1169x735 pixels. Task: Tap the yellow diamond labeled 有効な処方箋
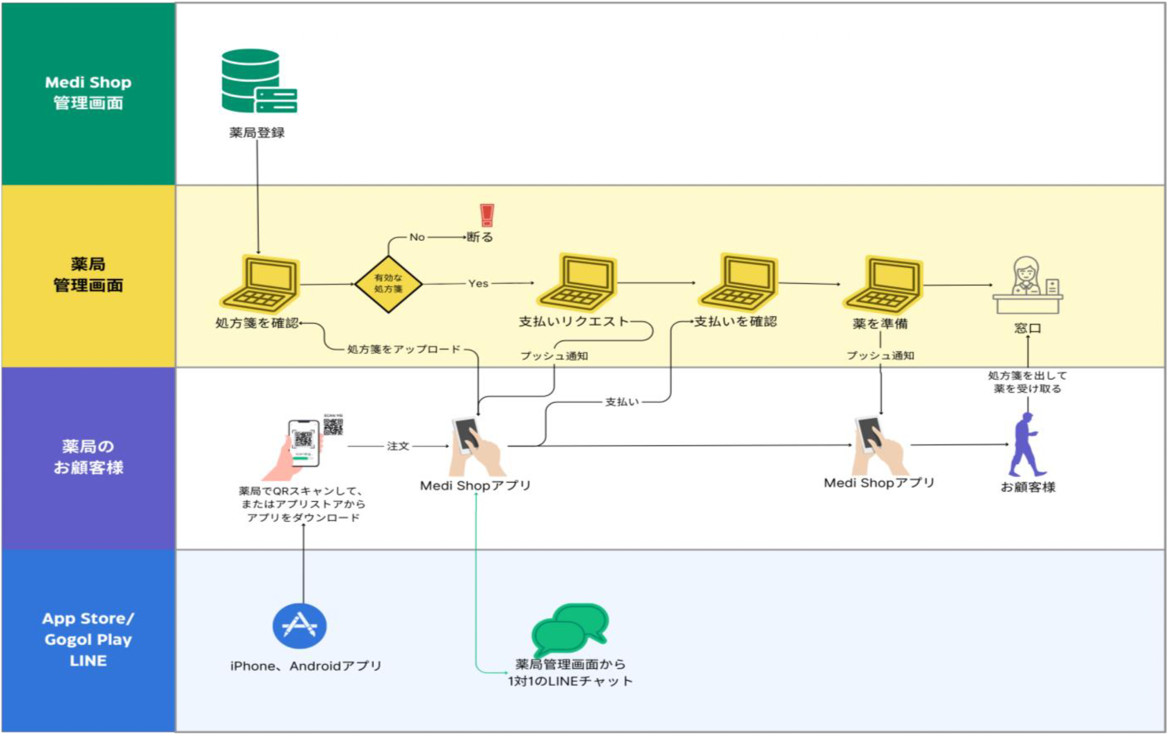[x=388, y=284]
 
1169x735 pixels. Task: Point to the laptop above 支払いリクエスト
[x=577, y=282]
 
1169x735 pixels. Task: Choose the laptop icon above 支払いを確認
[x=738, y=282]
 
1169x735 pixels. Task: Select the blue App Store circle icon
[x=299, y=626]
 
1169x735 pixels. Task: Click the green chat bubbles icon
[x=570, y=629]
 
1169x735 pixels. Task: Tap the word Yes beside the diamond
[x=478, y=283]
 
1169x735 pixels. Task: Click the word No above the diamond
[x=417, y=237]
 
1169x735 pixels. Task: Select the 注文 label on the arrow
[x=398, y=446]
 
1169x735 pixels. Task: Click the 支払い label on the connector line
[x=622, y=402]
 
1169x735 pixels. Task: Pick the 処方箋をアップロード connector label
[x=403, y=349]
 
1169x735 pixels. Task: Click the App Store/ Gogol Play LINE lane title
[x=88, y=639]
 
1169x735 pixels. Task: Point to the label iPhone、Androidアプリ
[x=306, y=666]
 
